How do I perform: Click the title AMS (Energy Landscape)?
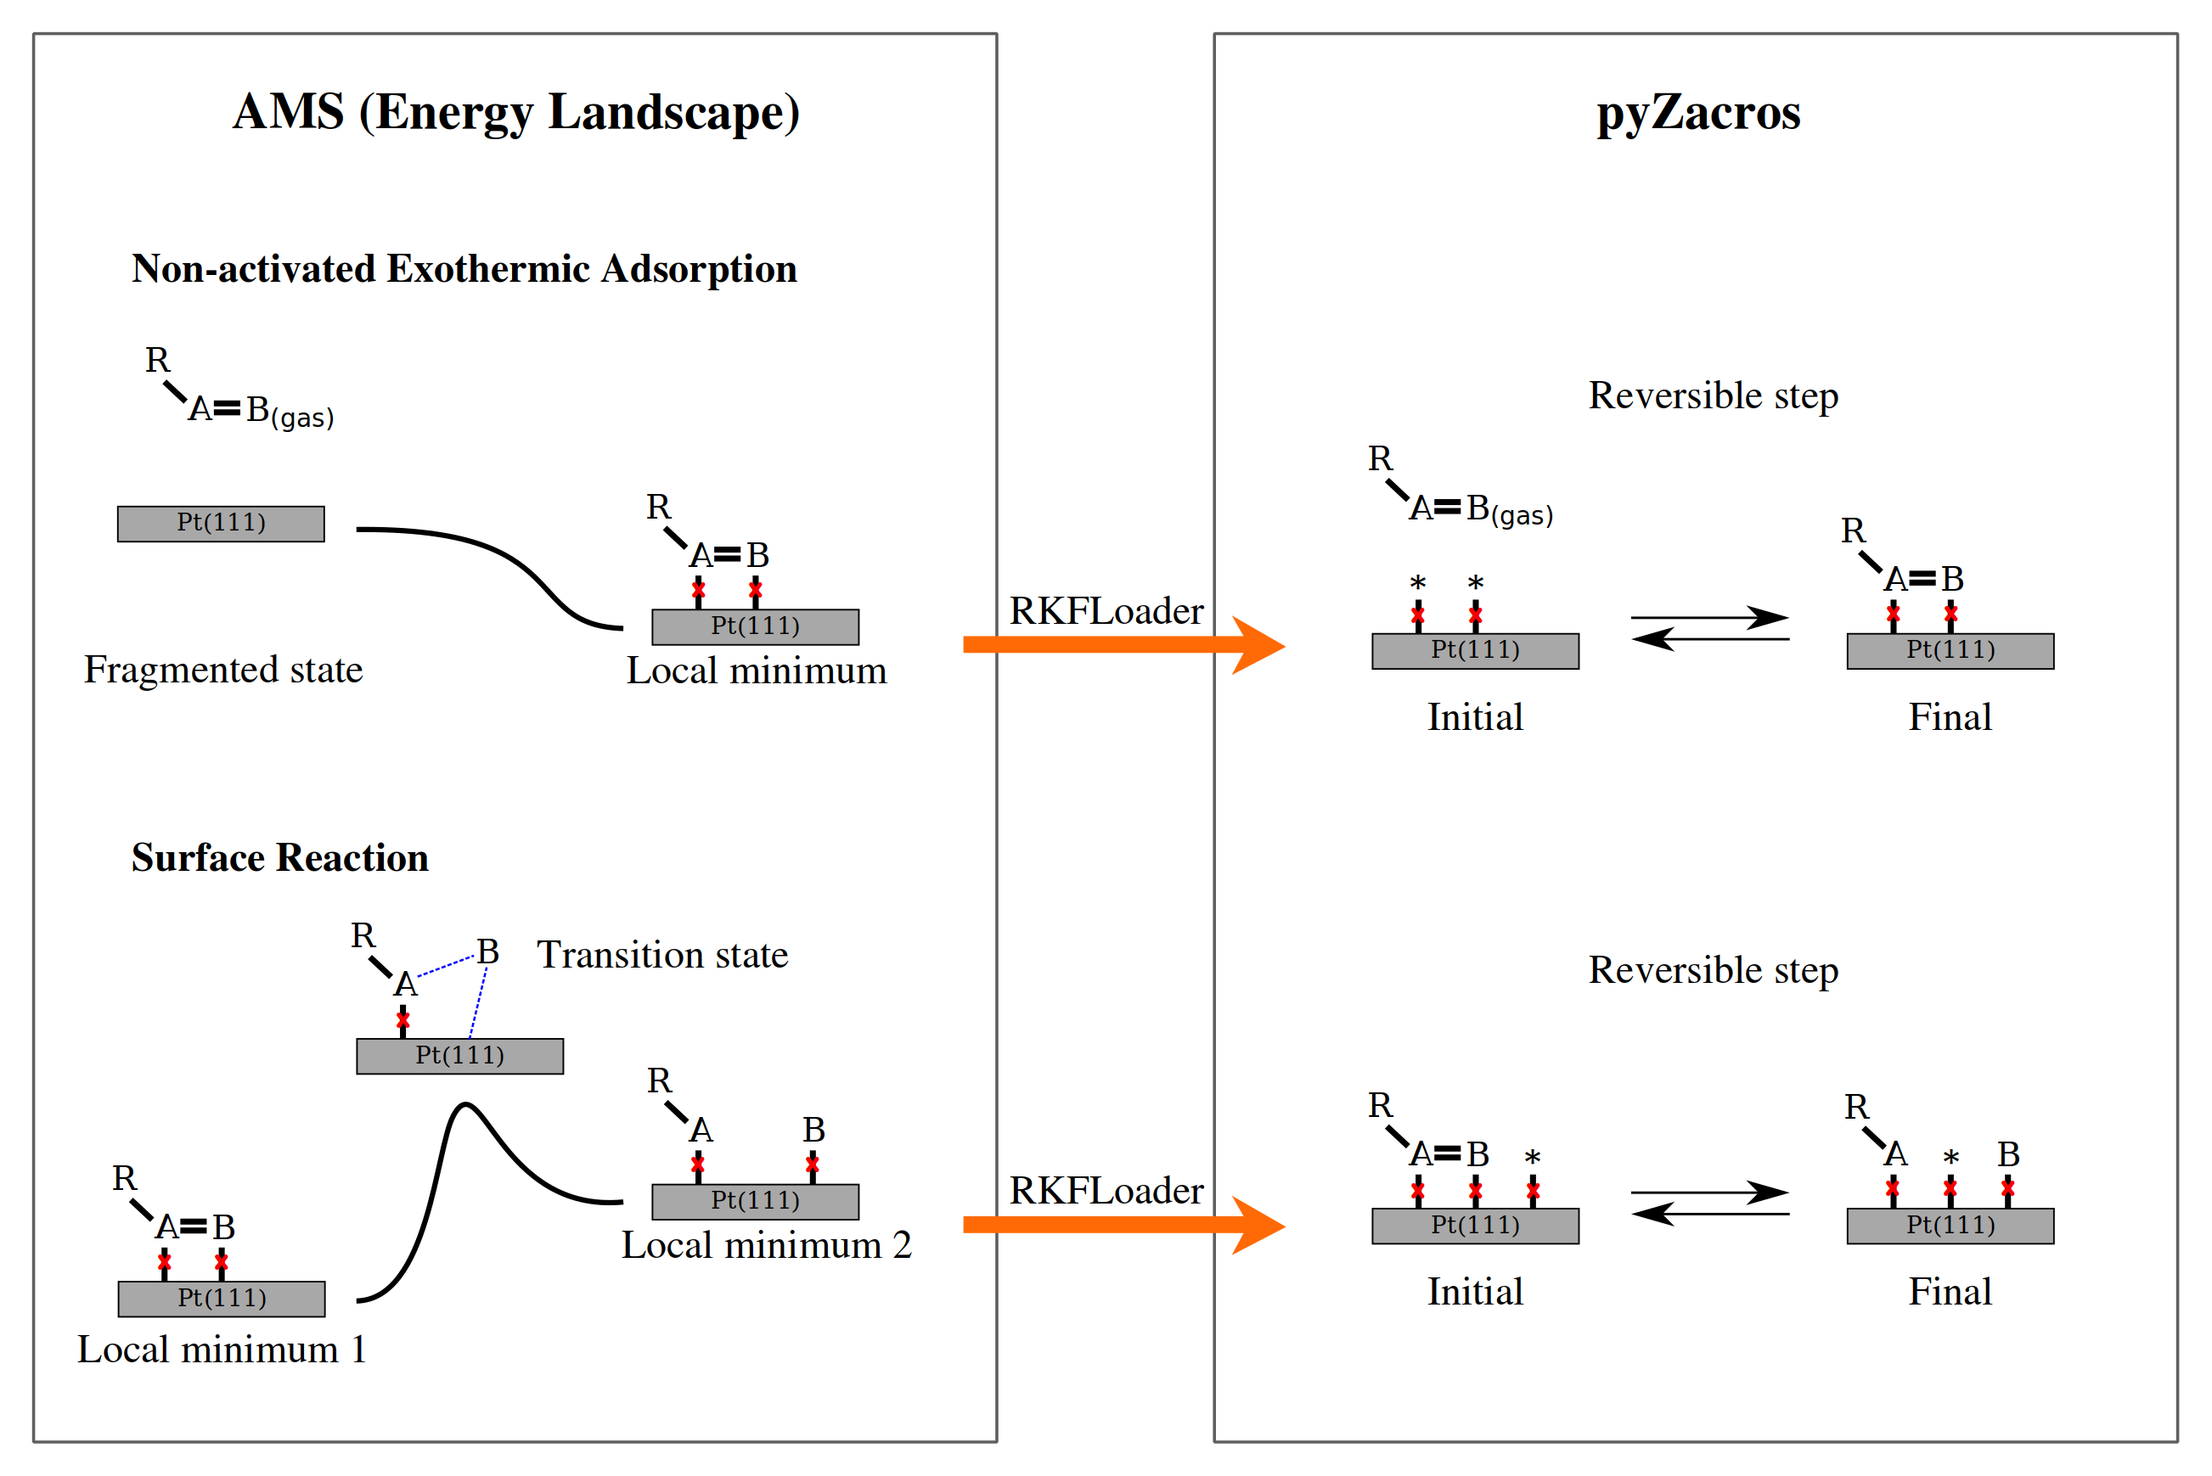(516, 113)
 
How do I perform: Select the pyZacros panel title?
(1697, 113)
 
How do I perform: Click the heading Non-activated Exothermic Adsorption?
(464, 269)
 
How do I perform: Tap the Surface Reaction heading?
(279, 858)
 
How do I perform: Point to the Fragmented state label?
(223, 671)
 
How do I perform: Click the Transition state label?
(662, 956)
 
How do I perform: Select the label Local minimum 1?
(222, 1350)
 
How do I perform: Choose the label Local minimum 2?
(767, 1245)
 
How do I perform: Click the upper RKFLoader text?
(1106, 612)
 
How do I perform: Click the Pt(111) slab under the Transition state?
(459, 1056)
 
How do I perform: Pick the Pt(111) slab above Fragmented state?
(222, 524)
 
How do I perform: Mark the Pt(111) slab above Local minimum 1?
(222, 1299)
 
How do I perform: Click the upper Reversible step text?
(1713, 396)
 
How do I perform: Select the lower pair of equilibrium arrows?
(1710, 1204)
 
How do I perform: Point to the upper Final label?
(1950, 718)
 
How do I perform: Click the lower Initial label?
(1475, 1293)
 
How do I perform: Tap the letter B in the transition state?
(487, 952)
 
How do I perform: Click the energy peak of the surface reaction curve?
(465, 1105)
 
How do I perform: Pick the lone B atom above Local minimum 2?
(813, 1130)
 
